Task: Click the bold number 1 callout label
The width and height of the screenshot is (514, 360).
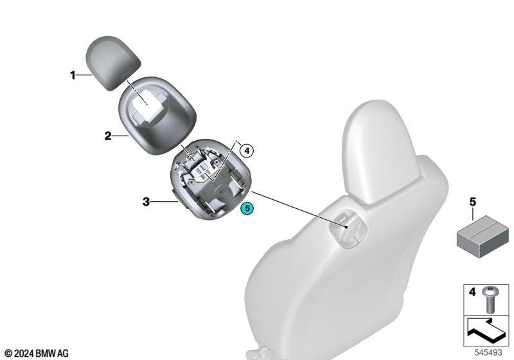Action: (73, 75)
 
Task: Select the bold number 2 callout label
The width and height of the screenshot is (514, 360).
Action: (108, 136)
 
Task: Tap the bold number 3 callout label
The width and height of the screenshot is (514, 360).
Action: (146, 202)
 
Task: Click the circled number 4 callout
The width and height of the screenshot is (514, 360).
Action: (247, 151)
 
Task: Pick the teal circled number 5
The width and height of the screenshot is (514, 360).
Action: (247, 208)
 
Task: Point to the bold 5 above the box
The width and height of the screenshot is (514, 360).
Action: (472, 202)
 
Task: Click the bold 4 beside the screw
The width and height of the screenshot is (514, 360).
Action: (472, 291)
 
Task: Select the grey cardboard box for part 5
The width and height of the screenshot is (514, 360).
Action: (483, 236)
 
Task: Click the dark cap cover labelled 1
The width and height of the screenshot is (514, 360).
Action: (111, 62)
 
